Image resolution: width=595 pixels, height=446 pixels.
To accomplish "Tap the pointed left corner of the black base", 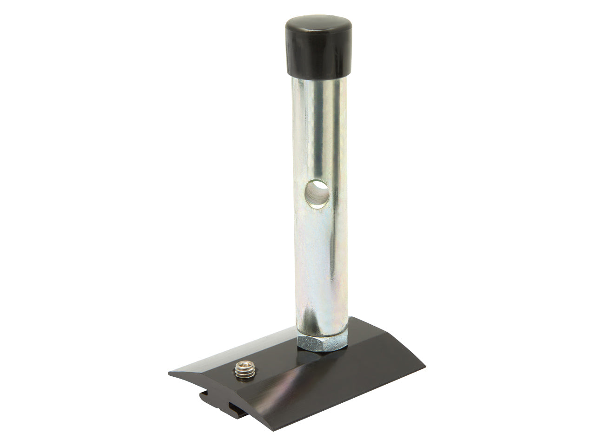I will pos(171,373).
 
